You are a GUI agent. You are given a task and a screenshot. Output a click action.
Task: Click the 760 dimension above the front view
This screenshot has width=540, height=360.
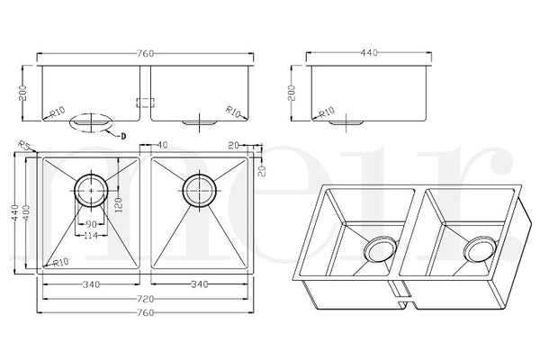pyautogui.click(x=145, y=54)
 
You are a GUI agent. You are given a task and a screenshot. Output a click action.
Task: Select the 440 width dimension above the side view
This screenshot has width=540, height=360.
pyautogui.click(x=369, y=53)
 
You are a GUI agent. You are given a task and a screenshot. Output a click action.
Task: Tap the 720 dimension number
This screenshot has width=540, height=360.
pyautogui.click(x=145, y=299)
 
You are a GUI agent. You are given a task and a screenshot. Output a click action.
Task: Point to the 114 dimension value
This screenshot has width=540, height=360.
pyautogui.click(x=91, y=236)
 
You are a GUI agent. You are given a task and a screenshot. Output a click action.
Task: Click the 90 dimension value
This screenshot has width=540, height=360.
pyautogui.click(x=91, y=225)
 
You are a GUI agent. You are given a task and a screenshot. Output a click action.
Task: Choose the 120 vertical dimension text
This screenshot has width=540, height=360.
pyautogui.click(x=119, y=205)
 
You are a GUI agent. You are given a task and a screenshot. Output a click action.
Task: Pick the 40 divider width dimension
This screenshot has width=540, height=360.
pyautogui.click(x=162, y=145)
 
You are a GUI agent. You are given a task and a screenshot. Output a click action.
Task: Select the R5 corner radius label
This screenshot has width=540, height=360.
pyautogui.click(x=25, y=144)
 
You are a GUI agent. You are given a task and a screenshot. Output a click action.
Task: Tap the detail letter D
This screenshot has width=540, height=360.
pyautogui.click(x=123, y=137)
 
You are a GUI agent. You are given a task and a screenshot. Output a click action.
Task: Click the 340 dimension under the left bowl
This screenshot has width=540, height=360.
pyautogui.click(x=91, y=284)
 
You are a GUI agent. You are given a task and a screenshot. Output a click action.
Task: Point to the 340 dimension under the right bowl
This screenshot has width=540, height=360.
pyautogui.click(x=200, y=284)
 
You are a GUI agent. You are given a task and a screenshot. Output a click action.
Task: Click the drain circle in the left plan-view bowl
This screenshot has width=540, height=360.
pyautogui.click(x=91, y=191)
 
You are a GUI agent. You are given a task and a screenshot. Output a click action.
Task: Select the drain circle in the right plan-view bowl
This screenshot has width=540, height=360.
pyautogui.click(x=200, y=191)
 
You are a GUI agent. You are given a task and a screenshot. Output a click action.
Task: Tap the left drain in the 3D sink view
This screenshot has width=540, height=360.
pyautogui.click(x=379, y=250)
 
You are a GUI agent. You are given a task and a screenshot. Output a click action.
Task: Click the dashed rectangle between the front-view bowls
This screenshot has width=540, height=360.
pyautogui.click(x=146, y=103)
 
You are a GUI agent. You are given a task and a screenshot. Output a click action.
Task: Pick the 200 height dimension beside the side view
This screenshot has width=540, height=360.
pyautogui.click(x=292, y=93)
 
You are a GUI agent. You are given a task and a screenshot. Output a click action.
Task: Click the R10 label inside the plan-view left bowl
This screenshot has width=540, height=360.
pyautogui.click(x=61, y=263)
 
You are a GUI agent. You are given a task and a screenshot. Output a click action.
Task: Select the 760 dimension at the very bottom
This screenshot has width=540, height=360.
pyautogui.click(x=145, y=313)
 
